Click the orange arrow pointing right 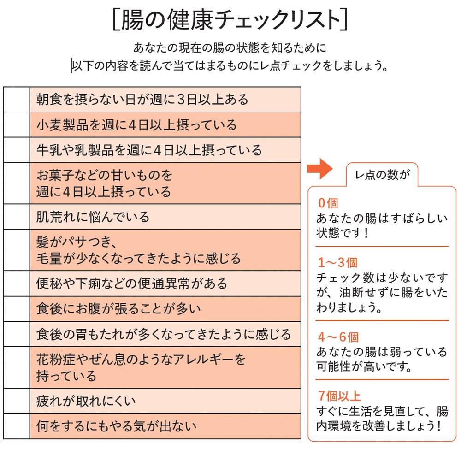pyautogui.click(x=320, y=169)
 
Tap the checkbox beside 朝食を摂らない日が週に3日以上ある pyautogui.click(x=17, y=100)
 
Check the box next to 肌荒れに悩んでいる pyautogui.click(x=17, y=217)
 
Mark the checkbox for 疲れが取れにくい pyautogui.click(x=17, y=401)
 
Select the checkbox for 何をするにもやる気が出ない pyautogui.click(x=17, y=426)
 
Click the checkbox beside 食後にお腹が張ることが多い pyautogui.click(x=17, y=309)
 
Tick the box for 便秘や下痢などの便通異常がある pyautogui.click(x=17, y=284)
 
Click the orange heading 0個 pyautogui.click(x=328, y=203)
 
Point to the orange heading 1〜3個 pyautogui.click(x=338, y=263)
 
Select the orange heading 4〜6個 pyautogui.click(x=338, y=337)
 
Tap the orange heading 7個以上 pyautogui.click(x=339, y=396)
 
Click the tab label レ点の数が pyautogui.click(x=383, y=175)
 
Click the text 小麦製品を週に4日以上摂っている pyautogui.click(x=136, y=125)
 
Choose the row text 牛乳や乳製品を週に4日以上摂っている pyautogui.click(x=149, y=150)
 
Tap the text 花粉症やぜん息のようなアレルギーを pyautogui.click(x=141, y=359)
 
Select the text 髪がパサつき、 pyautogui.click(x=76, y=242)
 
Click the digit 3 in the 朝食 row pyautogui.click(x=181, y=100)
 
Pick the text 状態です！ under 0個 pyautogui.click(x=342, y=233)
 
